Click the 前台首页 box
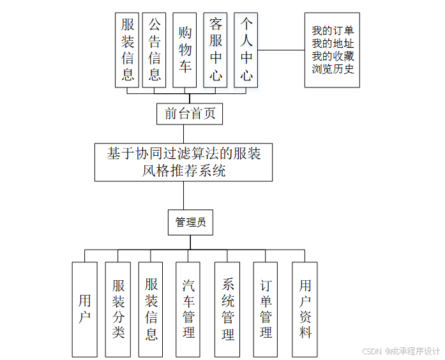click(x=190, y=114)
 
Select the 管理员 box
click(x=190, y=222)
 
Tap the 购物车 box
click(x=185, y=50)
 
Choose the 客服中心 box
click(x=216, y=50)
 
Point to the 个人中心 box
click(x=246, y=50)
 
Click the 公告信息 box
click(x=155, y=50)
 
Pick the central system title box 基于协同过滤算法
click(x=183, y=162)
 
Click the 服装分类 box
click(x=118, y=309)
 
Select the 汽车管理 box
click(x=188, y=309)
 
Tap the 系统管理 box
click(x=227, y=309)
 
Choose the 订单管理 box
click(x=266, y=309)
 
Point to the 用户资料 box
click(x=305, y=309)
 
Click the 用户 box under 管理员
click(x=85, y=309)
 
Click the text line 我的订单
click(x=333, y=31)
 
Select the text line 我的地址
click(x=333, y=43)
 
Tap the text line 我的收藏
click(x=333, y=56)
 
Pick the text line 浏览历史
click(x=333, y=69)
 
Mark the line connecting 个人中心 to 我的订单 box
click(x=282, y=50)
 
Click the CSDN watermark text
click(x=401, y=351)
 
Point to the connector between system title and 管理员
click(x=183, y=195)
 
